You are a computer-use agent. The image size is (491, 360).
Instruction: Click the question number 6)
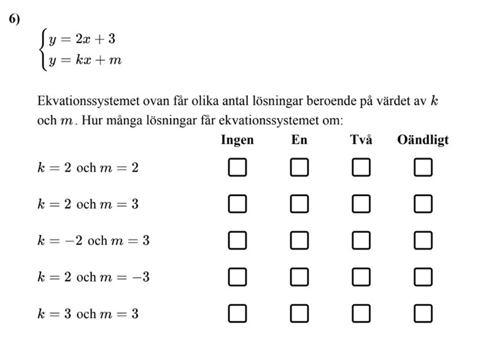pyautogui.click(x=15, y=20)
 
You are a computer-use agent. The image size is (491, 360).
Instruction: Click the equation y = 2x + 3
pyautogui.click(x=82, y=39)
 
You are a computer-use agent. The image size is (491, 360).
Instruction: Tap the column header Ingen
pyautogui.click(x=237, y=140)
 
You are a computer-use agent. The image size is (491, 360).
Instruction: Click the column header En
pyautogui.click(x=300, y=140)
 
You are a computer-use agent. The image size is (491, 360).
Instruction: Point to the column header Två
pyautogui.click(x=361, y=140)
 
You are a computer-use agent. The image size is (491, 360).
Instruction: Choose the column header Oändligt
pyautogui.click(x=423, y=140)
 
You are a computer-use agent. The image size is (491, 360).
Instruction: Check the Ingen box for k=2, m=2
pyautogui.click(x=238, y=167)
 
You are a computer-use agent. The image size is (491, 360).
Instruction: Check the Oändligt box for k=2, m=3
pyautogui.click(x=423, y=204)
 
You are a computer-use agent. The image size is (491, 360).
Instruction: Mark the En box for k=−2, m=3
pyautogui.click(x=300, y=240)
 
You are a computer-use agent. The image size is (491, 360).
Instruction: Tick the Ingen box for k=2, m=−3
pyautogui.click(x=238, y=277)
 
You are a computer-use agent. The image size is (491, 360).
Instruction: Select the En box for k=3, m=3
pyautogui.click(x=300, y=314)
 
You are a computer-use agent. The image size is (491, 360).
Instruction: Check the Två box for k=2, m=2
pyautogui.click(x=361, y=167)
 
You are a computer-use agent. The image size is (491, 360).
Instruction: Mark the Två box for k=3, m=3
pyautogui.click(x=361, y=314)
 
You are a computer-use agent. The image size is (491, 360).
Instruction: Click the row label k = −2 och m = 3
pyautogui.click(x=93, y=240)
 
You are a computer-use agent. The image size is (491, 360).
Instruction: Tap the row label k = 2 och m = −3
pyautogui.click(x=93, y=277)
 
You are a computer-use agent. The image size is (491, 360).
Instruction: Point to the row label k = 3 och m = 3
pyautogui.click(x=88, y=314)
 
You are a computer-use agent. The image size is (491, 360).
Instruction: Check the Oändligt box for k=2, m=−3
pyautogui.click(x=423, y=277)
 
